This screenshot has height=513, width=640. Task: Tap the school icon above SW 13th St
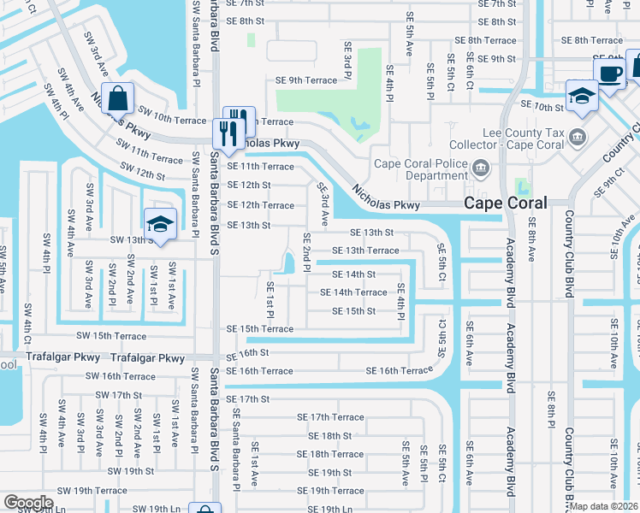click(160, 224)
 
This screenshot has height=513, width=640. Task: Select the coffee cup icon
click(609, 73)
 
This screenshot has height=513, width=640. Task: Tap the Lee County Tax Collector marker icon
click(578, 136)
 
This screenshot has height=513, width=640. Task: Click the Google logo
click(28, 502)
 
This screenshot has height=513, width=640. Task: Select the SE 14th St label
click(353, 274)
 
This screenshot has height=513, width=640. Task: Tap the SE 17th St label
click(248, 399)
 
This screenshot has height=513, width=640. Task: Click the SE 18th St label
click(324, 435)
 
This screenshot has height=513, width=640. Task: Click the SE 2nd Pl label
click(305, 248)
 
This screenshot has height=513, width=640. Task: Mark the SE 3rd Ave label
click(323, 203)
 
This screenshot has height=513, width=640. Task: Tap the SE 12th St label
click(248, 185)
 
